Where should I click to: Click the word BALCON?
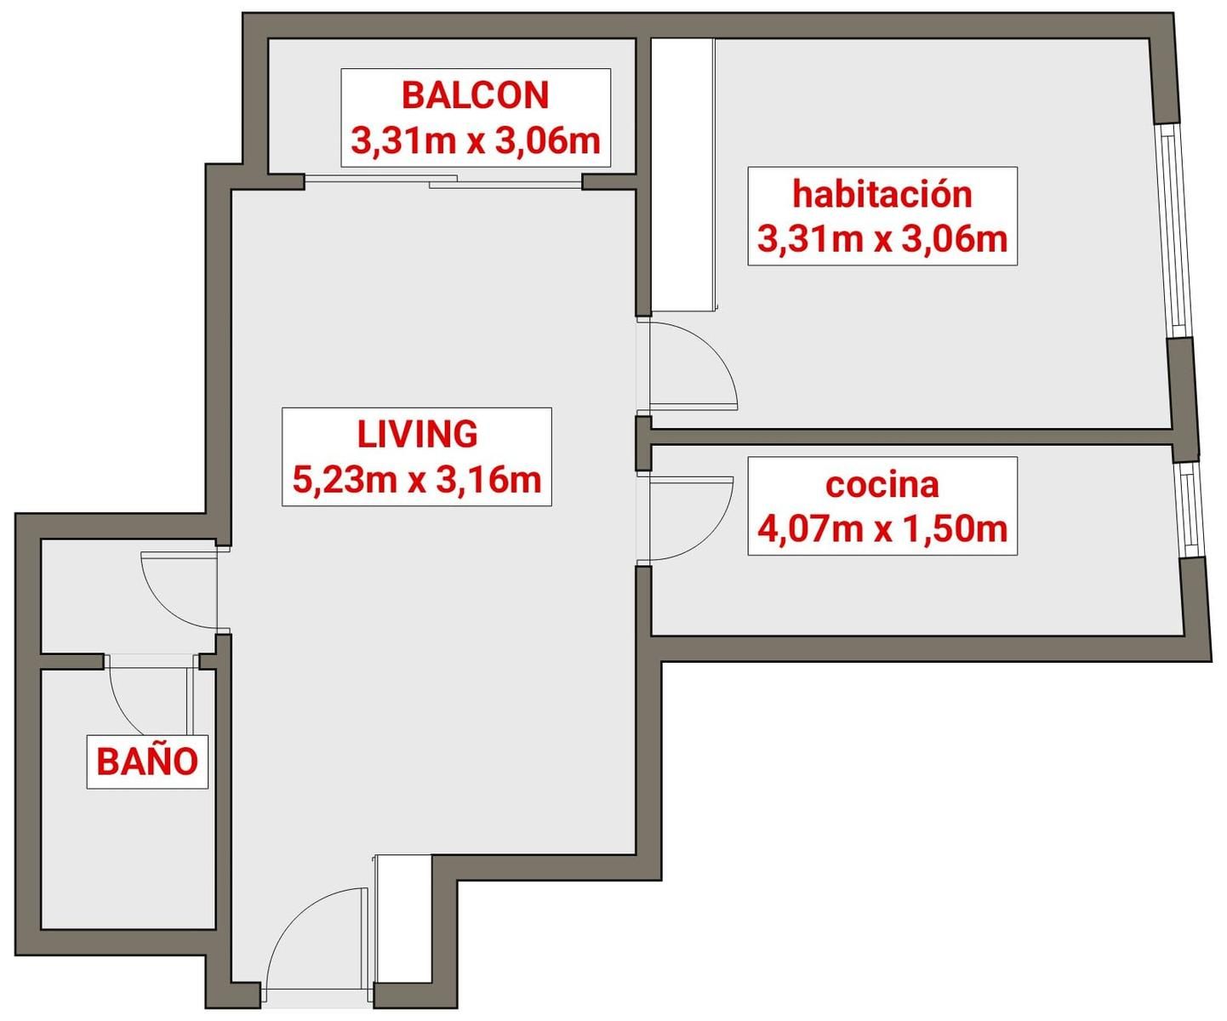[x=476, y=95]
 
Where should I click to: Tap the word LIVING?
[x=417, y=434]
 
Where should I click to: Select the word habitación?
[x=882, y=194]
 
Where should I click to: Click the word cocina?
[x=882, y=486]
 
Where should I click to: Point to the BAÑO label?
[x=147, y=761]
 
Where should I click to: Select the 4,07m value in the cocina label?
[x=809, y=529]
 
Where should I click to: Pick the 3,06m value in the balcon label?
[x=548, y=141]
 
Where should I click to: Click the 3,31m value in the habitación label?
[x=809, y=239]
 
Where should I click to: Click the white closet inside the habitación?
[x=682, y=174]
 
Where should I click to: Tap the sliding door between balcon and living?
[x=443, y=181]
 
